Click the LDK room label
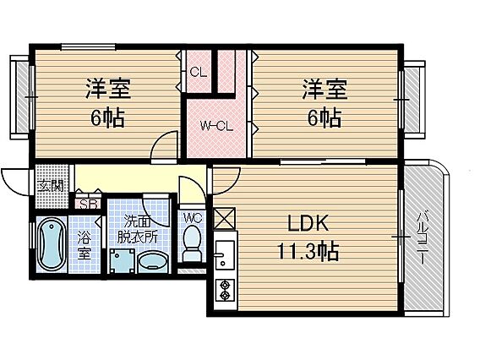point(308,223)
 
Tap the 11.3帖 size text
point(308,251)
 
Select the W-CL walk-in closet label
point(216,126)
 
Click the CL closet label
point(199,73)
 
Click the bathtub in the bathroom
point(52,244)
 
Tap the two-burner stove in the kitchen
point(225,290)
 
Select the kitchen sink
point(225,254)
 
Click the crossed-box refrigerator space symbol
point(225,219)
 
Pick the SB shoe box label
point(88,204)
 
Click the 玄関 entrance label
point(51,185)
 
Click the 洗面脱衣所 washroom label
point(138,229)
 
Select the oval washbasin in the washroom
point(153,263)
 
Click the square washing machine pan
point(123,261)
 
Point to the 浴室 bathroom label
point(84,244)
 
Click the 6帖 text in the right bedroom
point(325,117)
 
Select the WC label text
point(193,218)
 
